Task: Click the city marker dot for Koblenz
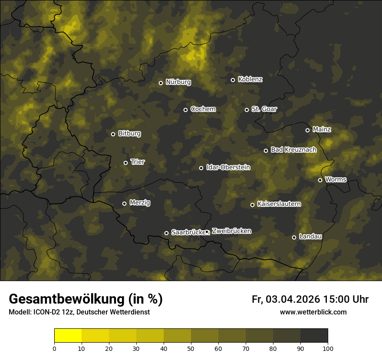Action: [x=233, y=80]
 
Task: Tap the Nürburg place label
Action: [x=178, y=82]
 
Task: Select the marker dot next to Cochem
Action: [x=185, y=110]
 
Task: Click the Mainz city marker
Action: [x=307, y=130]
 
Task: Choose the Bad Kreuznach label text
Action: [x=293, y=150]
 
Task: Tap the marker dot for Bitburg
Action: [x=113, y=134]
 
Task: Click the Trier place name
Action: [x=138, y=162]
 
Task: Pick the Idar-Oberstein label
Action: [x=228, y=167]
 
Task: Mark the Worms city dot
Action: [x=320, y=180]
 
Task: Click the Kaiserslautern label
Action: [x=279, y=204]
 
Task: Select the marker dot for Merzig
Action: [x=124, y=203]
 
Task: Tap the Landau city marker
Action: [x=294, y=237]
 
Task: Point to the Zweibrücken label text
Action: [x=231, y=231]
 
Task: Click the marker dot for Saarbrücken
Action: [x=166, y=233]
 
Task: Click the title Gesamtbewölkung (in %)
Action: [x=86, y=299]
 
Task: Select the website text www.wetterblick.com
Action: [x=313, y=312]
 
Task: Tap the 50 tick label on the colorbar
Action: [x=191, y=348]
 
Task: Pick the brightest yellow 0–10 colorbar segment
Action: [x=68, y=336]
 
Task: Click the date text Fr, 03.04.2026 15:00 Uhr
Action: [x=310, y=299]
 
